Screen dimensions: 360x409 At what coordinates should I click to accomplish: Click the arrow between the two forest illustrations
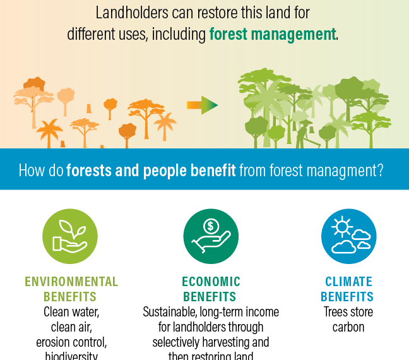click(202, 105)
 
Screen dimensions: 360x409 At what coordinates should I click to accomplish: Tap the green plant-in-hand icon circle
click(70, 237)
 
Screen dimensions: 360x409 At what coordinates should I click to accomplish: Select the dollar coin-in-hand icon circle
click(211, 237)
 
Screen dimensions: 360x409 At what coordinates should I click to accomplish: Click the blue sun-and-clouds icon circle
click(348, 237)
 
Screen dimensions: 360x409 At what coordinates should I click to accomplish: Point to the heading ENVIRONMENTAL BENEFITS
click(71, 289)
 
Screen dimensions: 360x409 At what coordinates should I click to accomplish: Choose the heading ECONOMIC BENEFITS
click(211, 289)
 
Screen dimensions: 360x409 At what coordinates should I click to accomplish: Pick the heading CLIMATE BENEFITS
click(348, 289)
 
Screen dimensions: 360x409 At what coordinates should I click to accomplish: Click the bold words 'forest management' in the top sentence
click(272, 34)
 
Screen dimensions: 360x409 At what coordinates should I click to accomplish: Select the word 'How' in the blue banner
click(32, 170)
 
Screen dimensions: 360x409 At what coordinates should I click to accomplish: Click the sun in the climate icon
click(343, 226)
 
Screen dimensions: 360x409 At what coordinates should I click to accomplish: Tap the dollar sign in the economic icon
click(211, 226)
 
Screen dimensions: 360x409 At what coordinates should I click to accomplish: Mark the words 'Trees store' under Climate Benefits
click(348, 312)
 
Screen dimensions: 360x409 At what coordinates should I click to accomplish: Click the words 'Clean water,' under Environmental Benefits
click(71, 312)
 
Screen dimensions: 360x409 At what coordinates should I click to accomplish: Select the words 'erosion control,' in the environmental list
click(71, 342)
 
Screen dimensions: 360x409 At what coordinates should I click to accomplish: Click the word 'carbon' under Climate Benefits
click(348, 327)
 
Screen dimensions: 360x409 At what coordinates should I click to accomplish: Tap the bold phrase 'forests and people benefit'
click(151, 170)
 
